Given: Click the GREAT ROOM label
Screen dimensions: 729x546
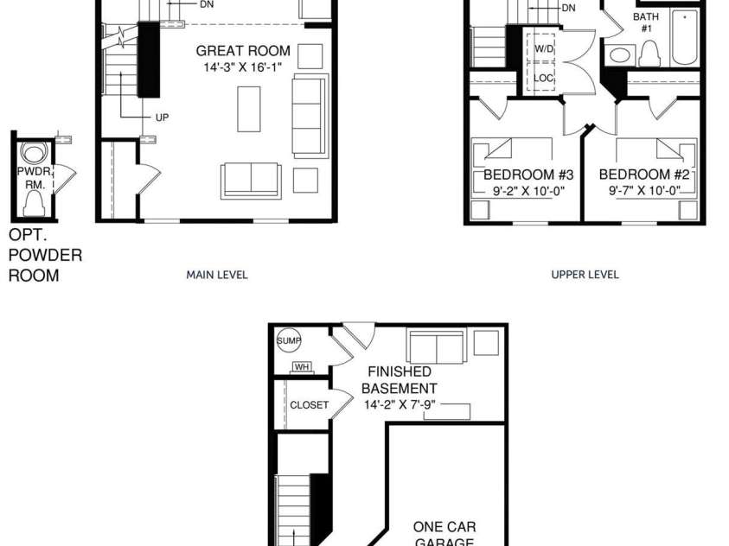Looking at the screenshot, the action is point(243,51).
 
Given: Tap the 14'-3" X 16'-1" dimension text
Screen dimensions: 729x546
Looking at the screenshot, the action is point(243,67).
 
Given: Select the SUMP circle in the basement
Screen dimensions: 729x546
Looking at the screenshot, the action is point(289,340).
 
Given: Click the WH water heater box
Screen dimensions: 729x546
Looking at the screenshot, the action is point(302,367).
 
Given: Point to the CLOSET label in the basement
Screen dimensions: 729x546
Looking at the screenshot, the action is point(310,405).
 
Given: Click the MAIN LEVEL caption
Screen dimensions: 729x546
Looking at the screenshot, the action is point(217,275).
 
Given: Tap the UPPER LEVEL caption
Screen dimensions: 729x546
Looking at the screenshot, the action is point(585,275).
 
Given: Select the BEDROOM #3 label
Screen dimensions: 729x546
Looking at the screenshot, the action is point(528,175).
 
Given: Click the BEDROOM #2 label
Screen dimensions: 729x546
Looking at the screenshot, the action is point(644,175).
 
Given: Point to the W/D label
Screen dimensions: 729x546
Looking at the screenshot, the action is point(544,48).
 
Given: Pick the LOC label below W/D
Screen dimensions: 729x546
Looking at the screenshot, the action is point(543,78).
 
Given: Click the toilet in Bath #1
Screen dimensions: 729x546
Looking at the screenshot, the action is point(650,54).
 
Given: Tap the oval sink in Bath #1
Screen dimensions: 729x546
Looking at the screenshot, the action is point(620,55).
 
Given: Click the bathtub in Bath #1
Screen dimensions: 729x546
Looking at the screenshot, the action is point(685,37).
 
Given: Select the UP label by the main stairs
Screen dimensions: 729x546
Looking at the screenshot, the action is point(162,117).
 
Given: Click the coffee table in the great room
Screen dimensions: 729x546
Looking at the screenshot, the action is point(249,109).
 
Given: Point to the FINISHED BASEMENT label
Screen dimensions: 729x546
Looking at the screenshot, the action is point(399,380).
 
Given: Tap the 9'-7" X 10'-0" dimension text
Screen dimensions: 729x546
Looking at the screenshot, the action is point(645,191).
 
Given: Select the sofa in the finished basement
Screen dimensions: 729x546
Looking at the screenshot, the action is point(437,346).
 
